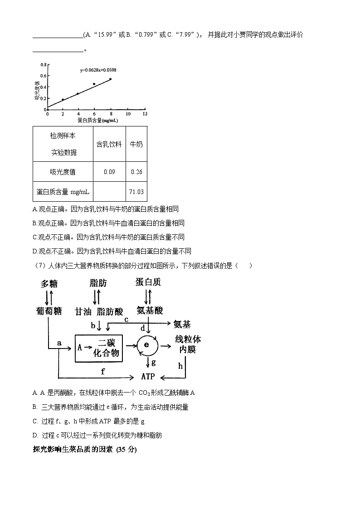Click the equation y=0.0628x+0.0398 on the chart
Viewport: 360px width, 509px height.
pos(98,70)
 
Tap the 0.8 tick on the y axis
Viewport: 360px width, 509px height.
pos(43,65)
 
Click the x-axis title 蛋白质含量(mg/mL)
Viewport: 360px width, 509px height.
pos(97,121)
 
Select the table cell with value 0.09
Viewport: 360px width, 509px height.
pos(109,172)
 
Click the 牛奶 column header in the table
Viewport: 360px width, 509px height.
pos(136,144)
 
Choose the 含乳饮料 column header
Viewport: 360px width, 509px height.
pos(109,144)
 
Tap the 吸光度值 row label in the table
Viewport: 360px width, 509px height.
pos(63,172)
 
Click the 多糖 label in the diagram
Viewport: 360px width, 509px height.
pos(49,283)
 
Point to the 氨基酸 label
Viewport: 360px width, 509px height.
pos(150,310)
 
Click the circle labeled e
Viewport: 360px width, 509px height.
pos(146,345)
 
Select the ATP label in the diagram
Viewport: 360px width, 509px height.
pos(148,377)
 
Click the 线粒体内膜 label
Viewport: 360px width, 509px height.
pos(187,344)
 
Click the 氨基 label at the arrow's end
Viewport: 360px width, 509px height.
pos(182,324)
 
